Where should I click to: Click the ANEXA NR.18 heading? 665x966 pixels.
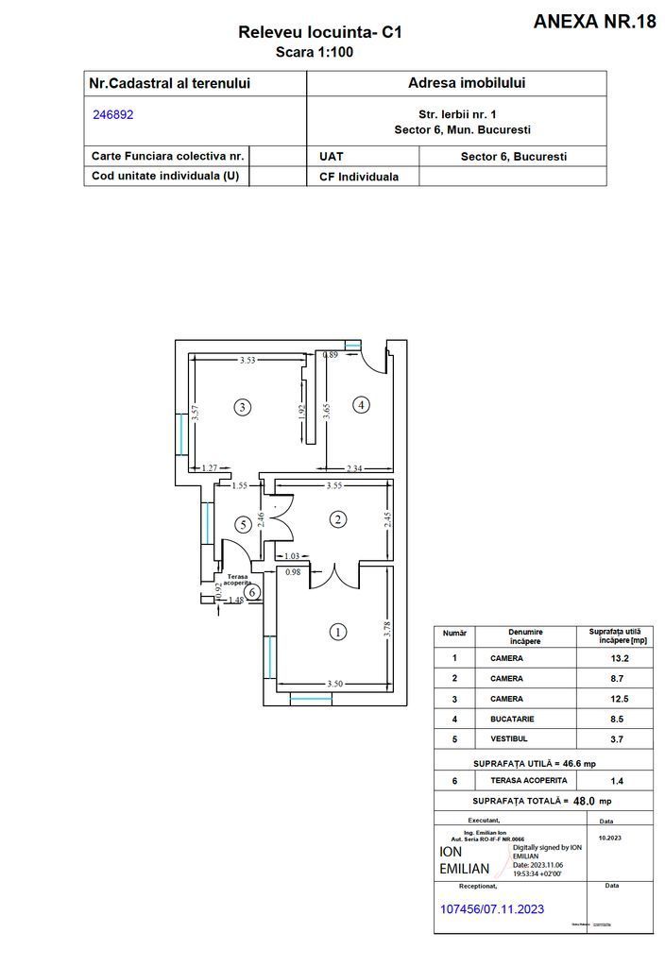pyautogui.click(x=594, y=22)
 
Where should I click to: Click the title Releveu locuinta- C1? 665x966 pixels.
pyautogui.click(x=320, y=33)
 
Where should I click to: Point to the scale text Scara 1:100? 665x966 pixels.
pyautogui.click(x=314, y=52)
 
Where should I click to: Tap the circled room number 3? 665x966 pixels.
pyautogui.click(x=243, y=407)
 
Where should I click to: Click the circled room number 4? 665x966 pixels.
pyautogui.click(x=360, y=404)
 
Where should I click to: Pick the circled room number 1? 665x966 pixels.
pyautogui.click(x=335, y=632)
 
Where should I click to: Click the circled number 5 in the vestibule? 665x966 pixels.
pyautogui.click(x=243, y=523)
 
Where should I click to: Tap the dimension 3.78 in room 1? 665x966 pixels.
pyautogui.click(x=386, y=630)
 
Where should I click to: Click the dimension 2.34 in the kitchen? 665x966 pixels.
pyautogui.click(x=354, y=467)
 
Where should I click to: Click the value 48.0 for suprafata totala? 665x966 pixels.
pyautogui.click(x=585, y=800)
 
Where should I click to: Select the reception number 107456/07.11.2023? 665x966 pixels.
pyautogui.click(x=493, y=908)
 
